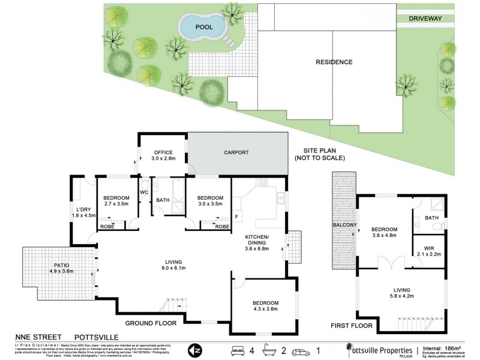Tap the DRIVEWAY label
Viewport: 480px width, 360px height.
click(425, 19)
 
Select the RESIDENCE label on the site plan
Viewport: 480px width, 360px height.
click(334, 62)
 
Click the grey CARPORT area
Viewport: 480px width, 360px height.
click(236, 153)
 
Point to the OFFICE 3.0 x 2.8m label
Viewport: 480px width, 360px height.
click(163, 155)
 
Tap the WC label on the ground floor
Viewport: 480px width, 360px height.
click(144, 192)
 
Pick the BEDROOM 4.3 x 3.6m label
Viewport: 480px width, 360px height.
click(265, 306)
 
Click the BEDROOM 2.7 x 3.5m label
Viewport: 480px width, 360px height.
click(116, 201)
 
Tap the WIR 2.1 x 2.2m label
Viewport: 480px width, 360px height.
click(428, 251)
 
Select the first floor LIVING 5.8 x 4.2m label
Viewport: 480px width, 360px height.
click(402, 293)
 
